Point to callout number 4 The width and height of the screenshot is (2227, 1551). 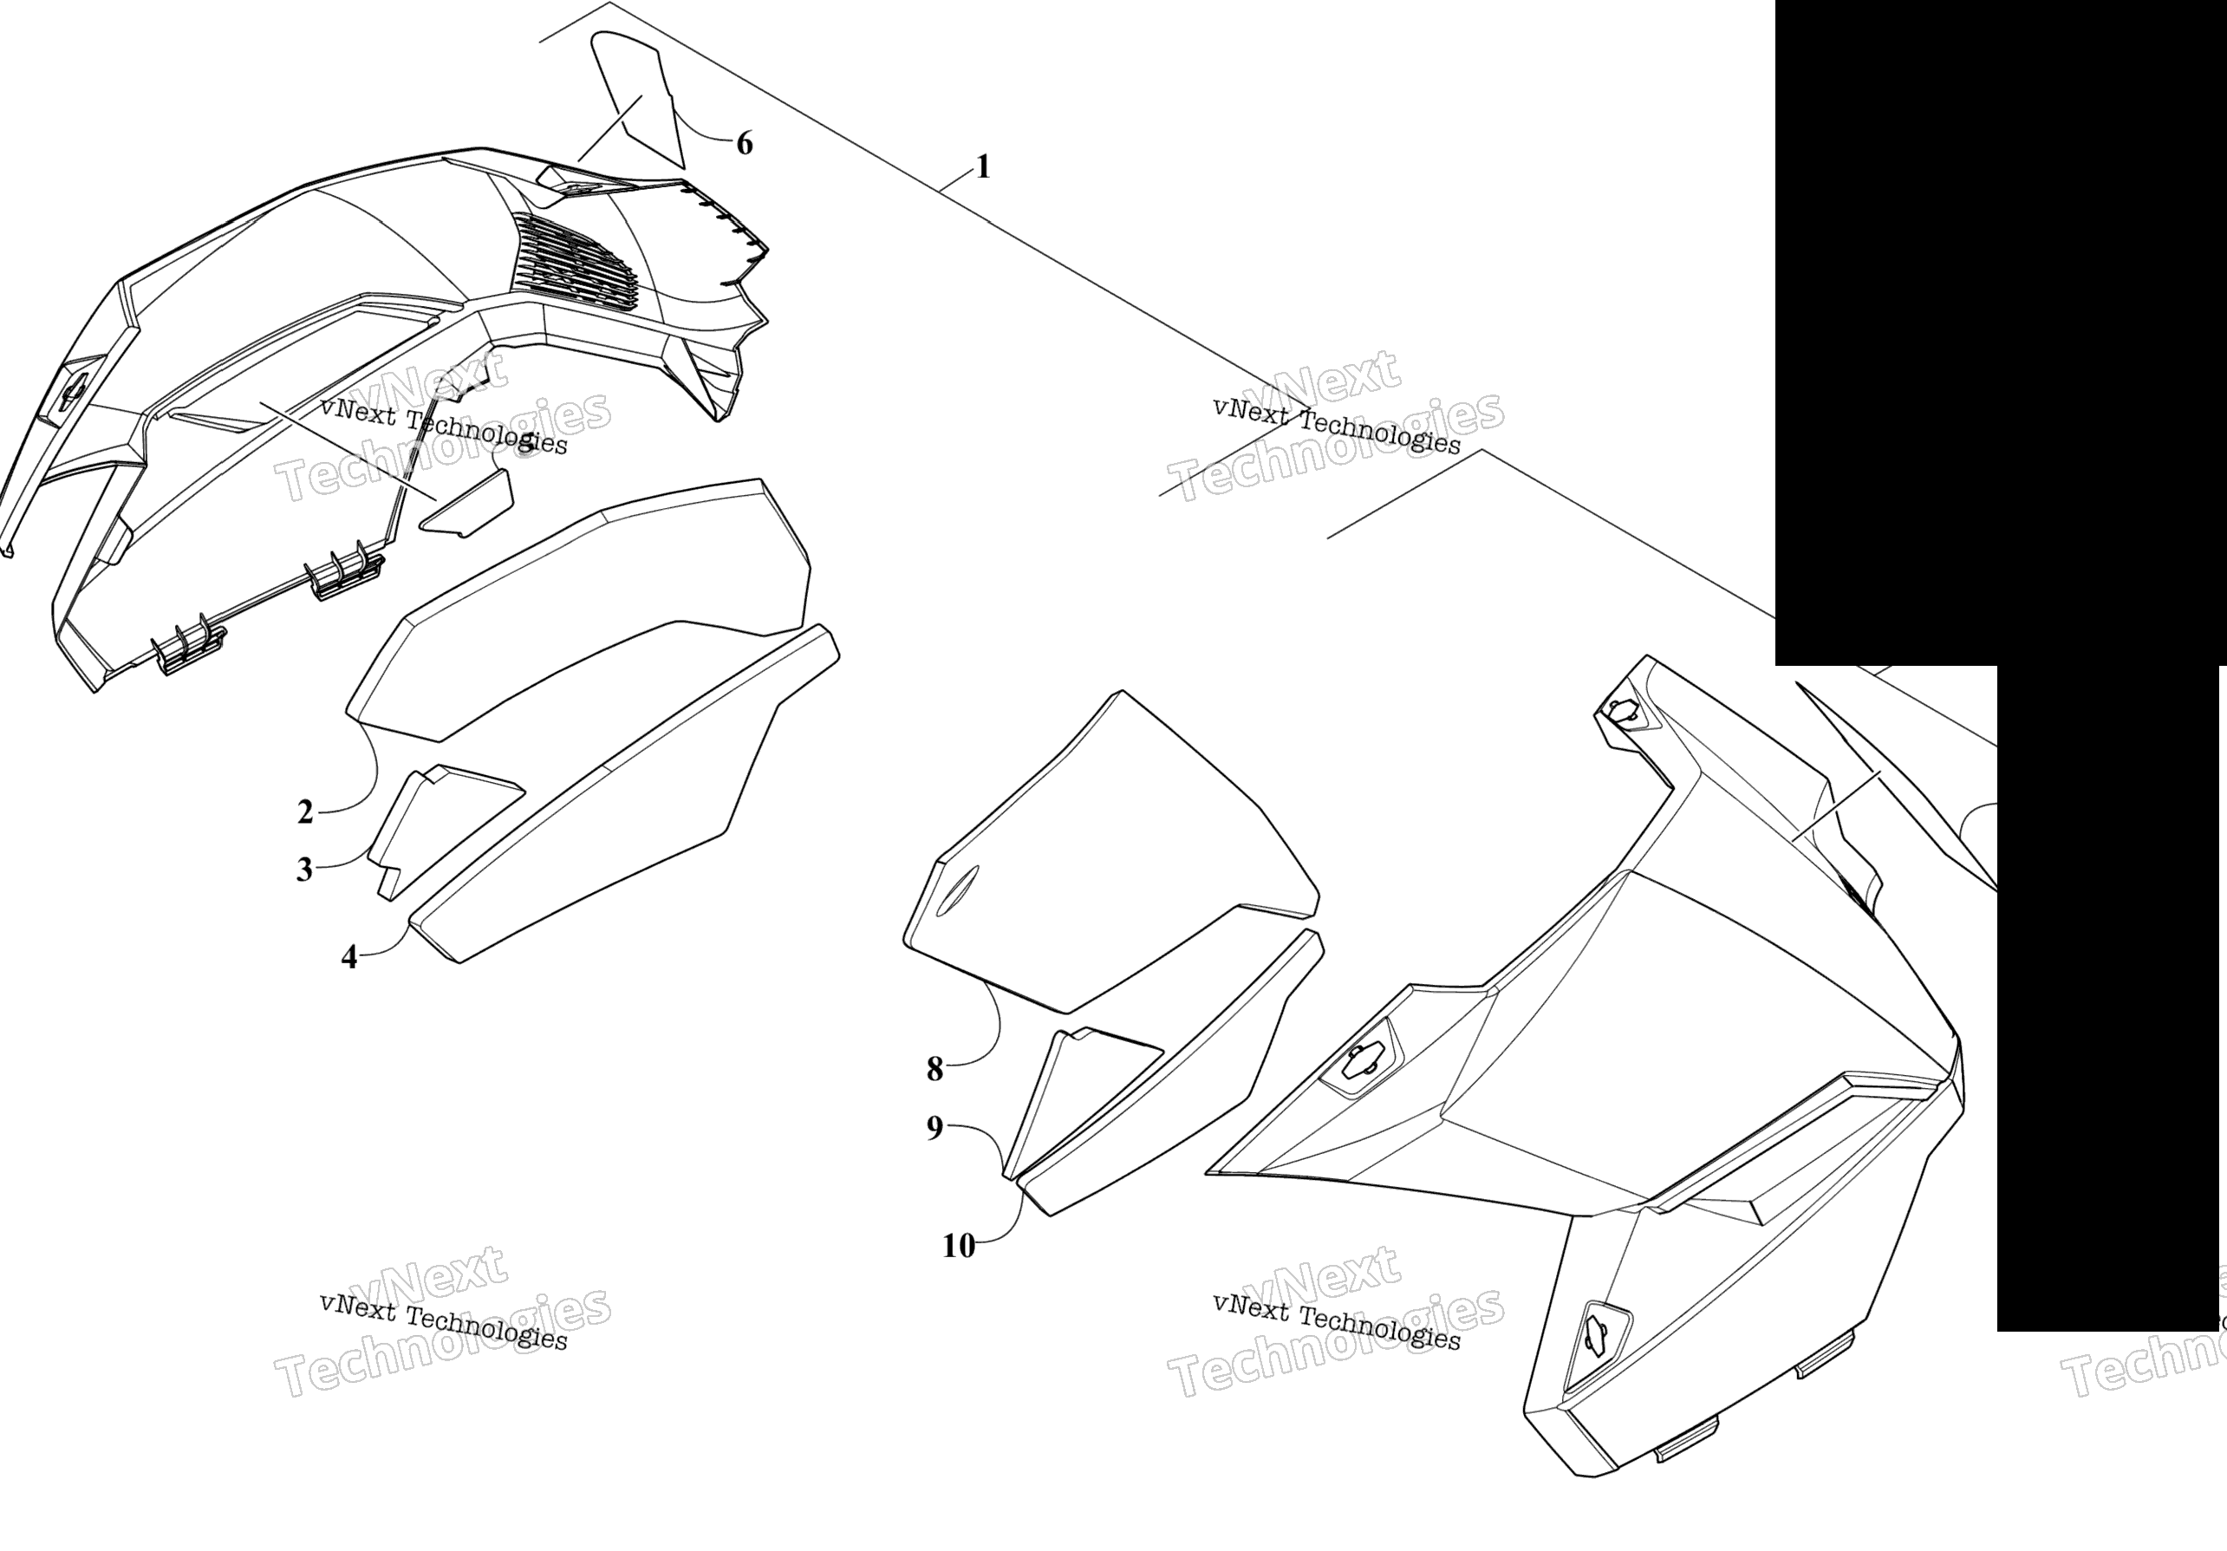(349, 957)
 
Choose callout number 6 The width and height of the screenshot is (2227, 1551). (744, 144)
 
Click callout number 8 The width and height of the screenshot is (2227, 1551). (935, 1069)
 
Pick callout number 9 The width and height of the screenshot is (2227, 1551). (935, 1128)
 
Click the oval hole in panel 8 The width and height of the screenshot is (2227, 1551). (957, 890)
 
